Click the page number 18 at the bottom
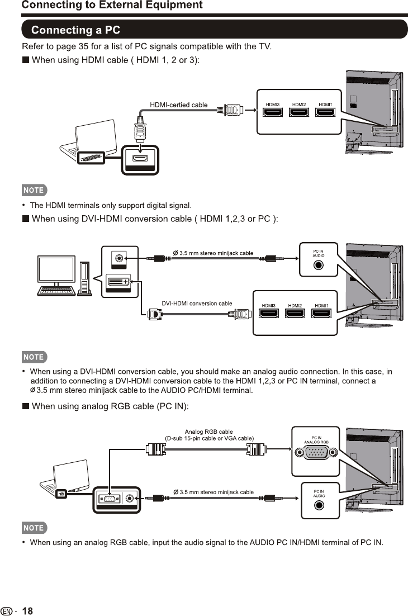(x=27, y=611)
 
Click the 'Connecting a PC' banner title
(x=75, y=30)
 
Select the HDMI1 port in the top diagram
(x=325, y=112)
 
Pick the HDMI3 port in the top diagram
(x=273, y=112)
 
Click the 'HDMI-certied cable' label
(x=179, y=105)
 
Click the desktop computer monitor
(x=55, y=270)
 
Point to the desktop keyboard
(x=56, y=291)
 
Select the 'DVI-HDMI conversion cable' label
(x=197, y=304)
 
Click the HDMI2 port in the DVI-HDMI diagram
(x=295, y=314)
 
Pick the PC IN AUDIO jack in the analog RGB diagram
(x=319, y=504)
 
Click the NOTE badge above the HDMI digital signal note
(x=34, y=190)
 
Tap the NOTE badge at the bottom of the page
(x=34, y=528)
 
